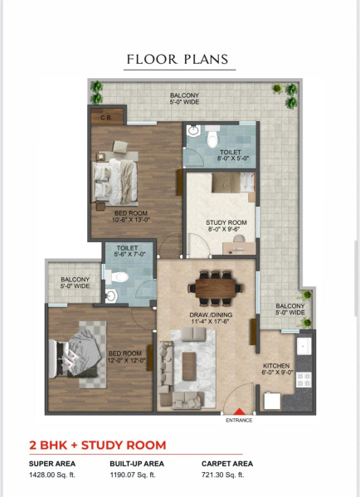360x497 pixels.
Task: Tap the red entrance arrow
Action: pos(240,409)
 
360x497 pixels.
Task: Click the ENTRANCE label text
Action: pos(240,420)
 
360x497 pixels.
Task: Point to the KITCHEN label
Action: pos(277,368)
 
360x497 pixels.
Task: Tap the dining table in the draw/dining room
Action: pos(216,286)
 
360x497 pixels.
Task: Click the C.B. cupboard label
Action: pos(106,117)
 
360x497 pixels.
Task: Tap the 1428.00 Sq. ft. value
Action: pos(51,475)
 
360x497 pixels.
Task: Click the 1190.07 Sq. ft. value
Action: pos(138,475)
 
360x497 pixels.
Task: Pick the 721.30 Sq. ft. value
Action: pos(223,475)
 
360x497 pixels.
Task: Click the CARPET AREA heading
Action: pos(226,463)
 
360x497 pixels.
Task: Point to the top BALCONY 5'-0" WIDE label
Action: pos(184,99)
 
